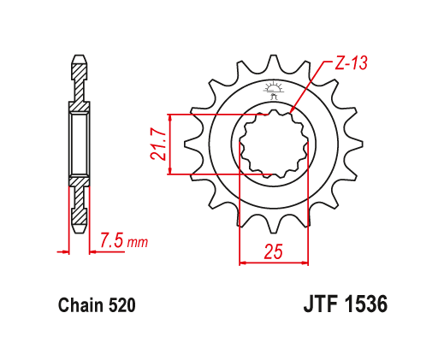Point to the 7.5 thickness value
[x=110, y=241]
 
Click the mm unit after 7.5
[x=137, y=243]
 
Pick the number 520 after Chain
[x=121, y=305]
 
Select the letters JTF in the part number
[x=321, y=304]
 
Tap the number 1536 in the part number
[x=367, y=304]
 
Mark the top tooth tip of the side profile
[x=79, y=60]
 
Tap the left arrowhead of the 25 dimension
[x=242, y=262]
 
